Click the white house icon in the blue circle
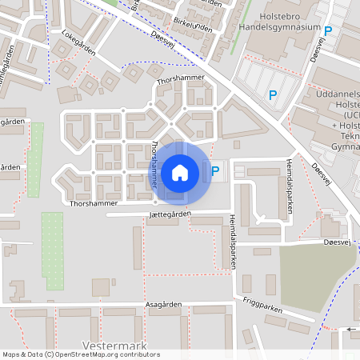pos(180,172)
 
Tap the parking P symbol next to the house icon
pos(214,170)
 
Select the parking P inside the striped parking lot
pos(273,95)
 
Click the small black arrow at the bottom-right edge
pos(353,329)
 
